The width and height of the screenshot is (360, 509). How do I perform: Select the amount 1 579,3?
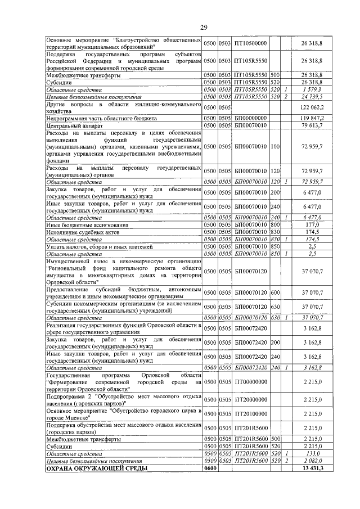click(312, 89)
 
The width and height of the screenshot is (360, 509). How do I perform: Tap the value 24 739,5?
click(311, 96)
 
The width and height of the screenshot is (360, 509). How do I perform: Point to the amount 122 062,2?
click(310, 107)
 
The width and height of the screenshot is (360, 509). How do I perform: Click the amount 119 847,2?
click(310, 118)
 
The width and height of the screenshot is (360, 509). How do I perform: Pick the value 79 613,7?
click(311, 125)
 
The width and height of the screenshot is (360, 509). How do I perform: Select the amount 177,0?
click(314, 224)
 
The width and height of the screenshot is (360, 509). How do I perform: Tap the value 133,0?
click(314, 453)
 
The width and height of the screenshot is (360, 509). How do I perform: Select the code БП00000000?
click(251, 118)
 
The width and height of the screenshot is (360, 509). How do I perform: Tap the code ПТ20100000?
click(251, 413)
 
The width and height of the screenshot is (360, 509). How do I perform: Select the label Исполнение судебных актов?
click(82, 232)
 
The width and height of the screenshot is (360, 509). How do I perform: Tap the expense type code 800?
click(275, 224)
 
